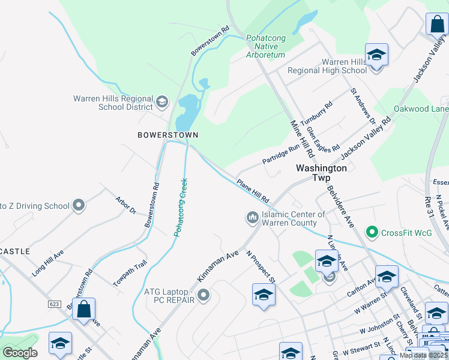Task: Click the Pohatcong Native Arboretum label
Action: pos(265,46)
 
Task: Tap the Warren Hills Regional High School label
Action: pos(327,66)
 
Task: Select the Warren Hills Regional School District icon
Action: pos(161,103)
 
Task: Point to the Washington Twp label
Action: pos(321,173)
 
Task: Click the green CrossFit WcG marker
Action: pos(372,232)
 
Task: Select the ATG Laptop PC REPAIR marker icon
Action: pos(203,295)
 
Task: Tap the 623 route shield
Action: pos(55,304)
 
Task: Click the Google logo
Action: pos(20,353)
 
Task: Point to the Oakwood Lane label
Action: pos(421,109)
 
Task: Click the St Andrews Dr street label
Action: pos(363,106)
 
